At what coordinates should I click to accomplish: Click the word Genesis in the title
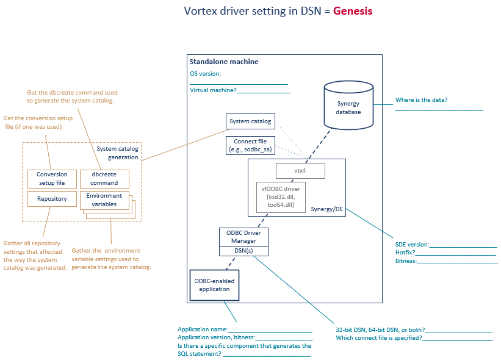point(352,11)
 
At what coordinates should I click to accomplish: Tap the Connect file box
point(250,145)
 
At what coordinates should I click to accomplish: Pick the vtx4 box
point(300,171)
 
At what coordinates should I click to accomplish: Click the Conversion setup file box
point(52,179)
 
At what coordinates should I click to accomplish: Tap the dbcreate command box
point(104,179)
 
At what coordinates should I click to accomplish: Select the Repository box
point(52,199)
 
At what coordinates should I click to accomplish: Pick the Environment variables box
point(104,200)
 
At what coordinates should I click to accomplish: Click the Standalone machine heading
point(224,62)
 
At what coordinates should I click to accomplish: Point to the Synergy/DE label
point(326,209)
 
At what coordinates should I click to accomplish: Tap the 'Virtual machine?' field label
point(212,90)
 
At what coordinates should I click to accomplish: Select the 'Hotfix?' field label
point(405,253)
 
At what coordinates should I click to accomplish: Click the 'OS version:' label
point(205,74)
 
